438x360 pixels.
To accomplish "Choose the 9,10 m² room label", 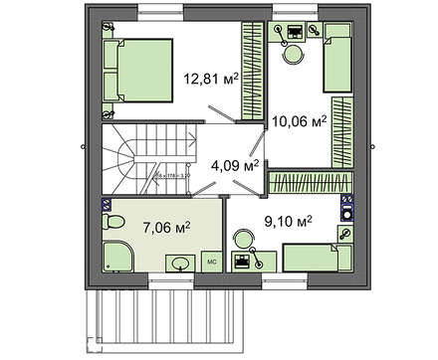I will (x=289, y=221).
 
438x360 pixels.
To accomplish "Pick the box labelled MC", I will (x=212, y=263).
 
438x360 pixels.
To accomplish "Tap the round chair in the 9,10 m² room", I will (x=243, y=239).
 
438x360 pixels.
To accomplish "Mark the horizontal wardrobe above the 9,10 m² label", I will (x=304, y=183).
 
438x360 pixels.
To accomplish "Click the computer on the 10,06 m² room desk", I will (x=294, y=30).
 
